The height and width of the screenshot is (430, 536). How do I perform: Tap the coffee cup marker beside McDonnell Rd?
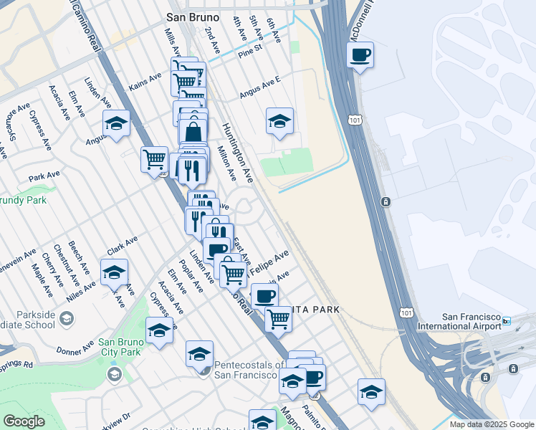click(360, 55)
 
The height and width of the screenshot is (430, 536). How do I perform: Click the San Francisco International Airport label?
click(471, 321)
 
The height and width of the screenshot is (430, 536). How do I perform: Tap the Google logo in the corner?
click(24, 421)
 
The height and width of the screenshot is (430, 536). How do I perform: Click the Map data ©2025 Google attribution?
click(491, 424)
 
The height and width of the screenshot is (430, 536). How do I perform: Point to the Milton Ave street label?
click(226, 163)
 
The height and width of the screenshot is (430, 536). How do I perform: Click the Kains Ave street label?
click(145, 82)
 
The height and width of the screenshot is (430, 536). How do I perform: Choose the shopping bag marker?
click(193, 131)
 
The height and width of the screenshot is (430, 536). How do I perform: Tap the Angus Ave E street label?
click(261, 89)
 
